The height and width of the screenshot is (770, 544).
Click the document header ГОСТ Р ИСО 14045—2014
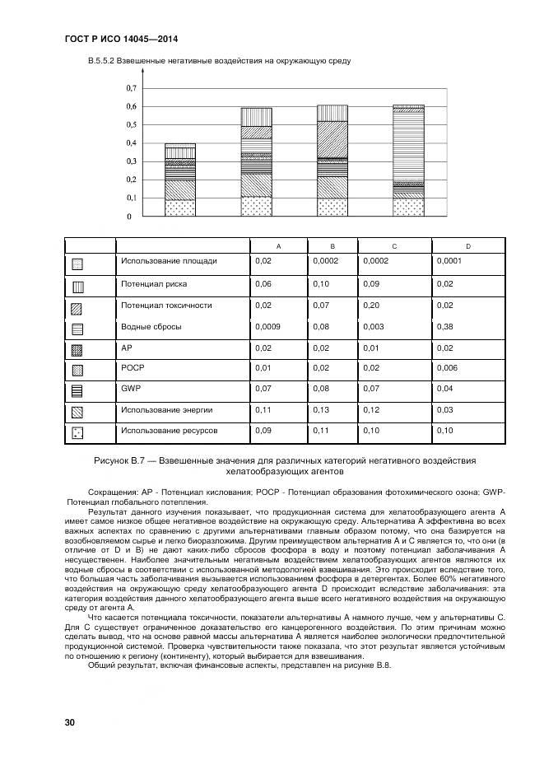121,40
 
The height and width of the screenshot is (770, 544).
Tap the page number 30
70,722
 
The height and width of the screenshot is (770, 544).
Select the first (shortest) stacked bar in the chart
180,180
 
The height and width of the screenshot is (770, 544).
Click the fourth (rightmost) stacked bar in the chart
408,161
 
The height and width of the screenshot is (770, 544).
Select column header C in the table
394,246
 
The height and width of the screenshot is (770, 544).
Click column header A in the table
278,246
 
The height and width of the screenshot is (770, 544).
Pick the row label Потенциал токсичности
166,306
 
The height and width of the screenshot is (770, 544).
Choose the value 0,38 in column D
445,327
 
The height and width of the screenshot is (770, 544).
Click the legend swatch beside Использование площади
77,264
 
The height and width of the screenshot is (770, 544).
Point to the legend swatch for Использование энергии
77,411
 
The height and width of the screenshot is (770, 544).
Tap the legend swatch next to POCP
77,370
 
